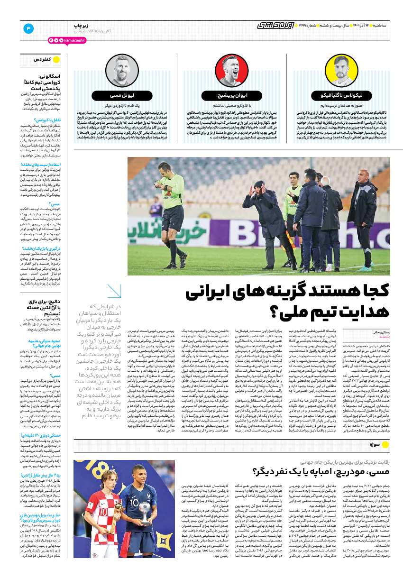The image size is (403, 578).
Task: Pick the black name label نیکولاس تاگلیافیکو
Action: (x=340, y=95)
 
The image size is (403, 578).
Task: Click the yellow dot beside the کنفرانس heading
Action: (x=56, y=59)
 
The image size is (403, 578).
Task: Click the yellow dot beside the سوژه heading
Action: (x=385, y=444)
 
